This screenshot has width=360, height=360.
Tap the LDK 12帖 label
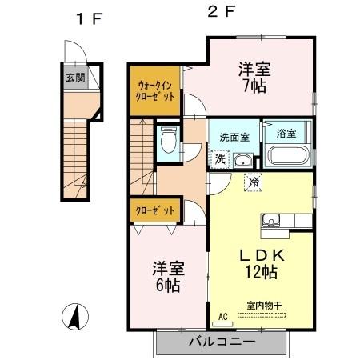258,264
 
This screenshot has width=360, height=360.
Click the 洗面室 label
234,137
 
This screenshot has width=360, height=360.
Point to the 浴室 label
286,132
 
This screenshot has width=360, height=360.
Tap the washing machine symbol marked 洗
219,158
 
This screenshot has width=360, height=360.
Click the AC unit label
222,318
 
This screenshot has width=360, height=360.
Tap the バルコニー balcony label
222,341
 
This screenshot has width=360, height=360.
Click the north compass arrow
74,318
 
